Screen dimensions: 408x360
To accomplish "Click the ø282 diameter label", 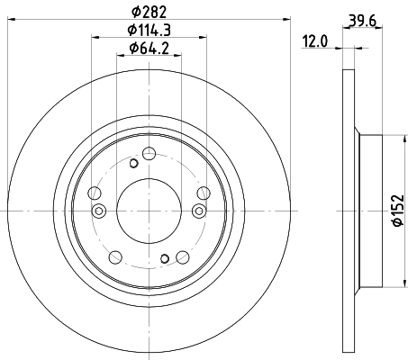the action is click(149, 12).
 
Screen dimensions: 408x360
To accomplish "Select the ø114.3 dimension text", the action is click(149, 30).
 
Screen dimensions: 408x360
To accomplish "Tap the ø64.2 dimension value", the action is click(149, 49).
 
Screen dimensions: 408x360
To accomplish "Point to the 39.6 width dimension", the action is click(362, 21).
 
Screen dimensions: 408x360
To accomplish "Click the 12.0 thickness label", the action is click(314, 41).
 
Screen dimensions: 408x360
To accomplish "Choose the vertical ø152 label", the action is click(398, 210).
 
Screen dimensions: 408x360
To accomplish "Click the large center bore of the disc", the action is click(149, 211).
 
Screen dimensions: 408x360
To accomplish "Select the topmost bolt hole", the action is click(149, 154).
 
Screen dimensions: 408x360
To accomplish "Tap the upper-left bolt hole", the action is click(95, 193).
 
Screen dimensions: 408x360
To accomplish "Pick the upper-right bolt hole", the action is click(204, 193).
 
